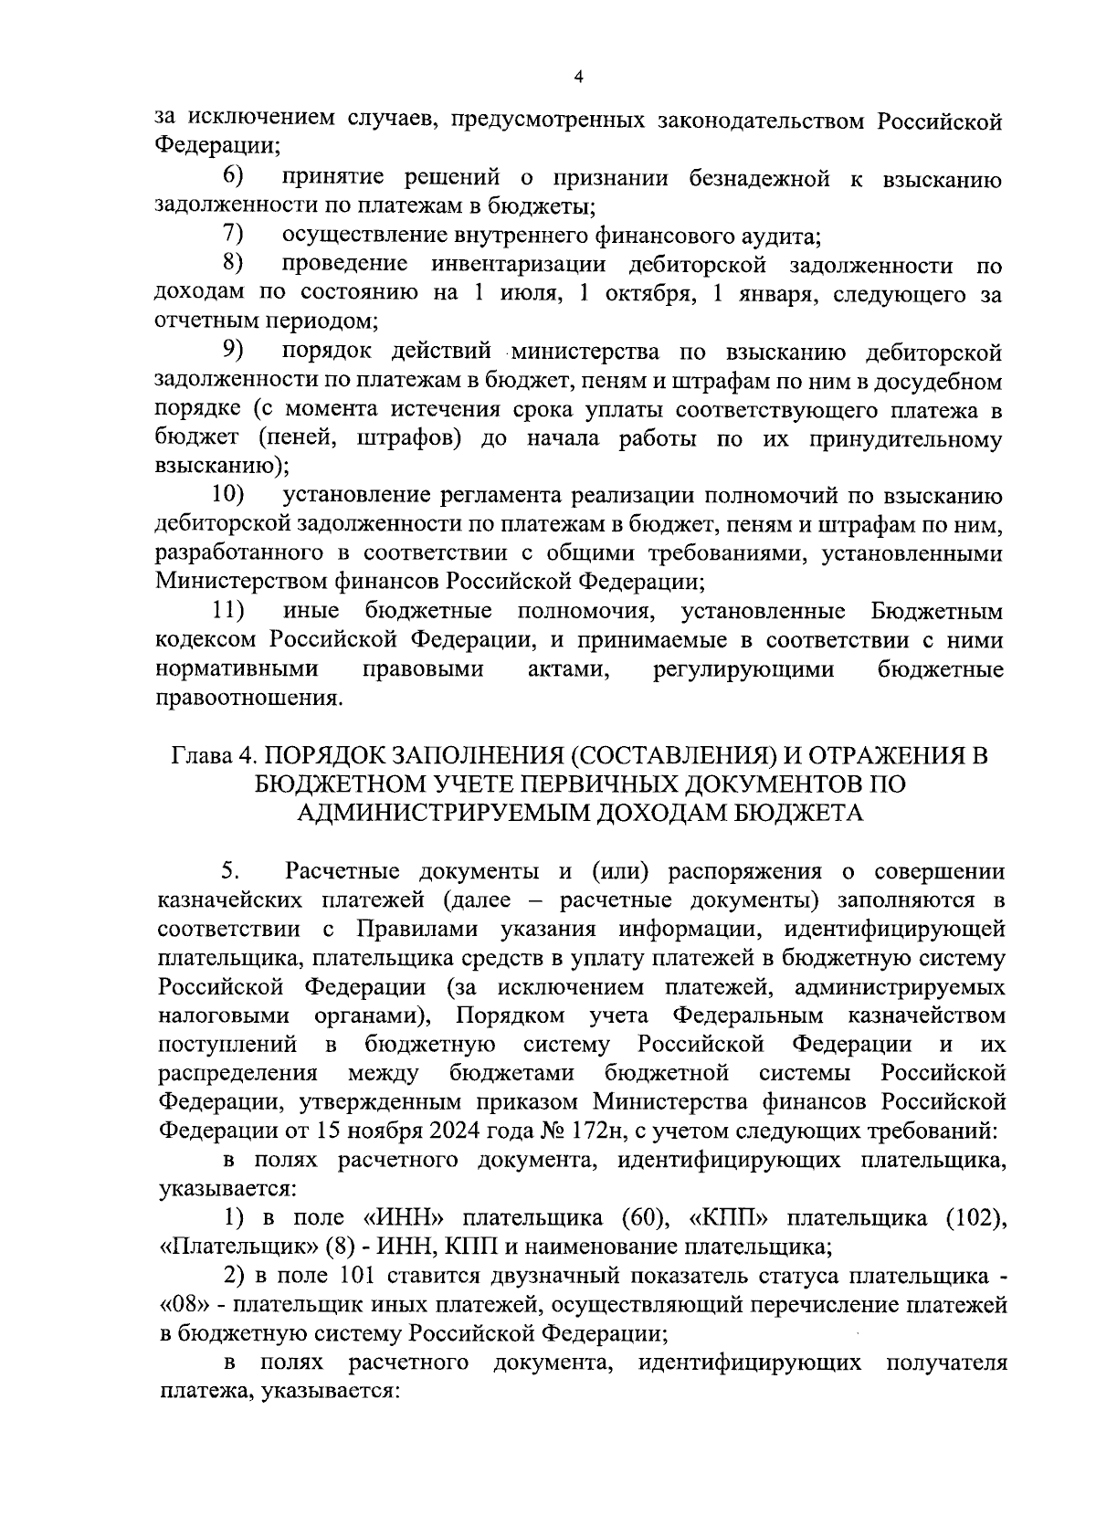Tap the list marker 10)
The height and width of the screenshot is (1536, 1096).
(228, 495)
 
